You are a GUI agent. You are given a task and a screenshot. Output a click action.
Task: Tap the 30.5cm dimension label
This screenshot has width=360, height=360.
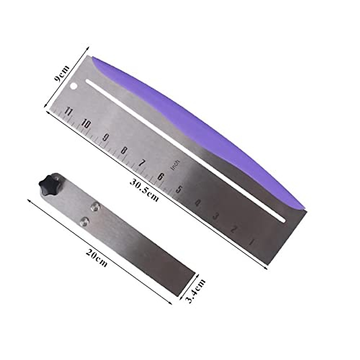(144, 190)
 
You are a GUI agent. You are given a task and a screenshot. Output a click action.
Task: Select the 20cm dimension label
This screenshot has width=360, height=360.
(96, 258)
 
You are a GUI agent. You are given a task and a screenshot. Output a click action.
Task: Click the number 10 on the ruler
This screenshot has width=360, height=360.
(86, 124)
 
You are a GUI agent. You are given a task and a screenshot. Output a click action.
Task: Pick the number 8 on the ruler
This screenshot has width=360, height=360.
(123, 150)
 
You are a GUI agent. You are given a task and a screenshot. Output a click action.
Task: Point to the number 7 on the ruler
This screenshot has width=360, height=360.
(142, 163)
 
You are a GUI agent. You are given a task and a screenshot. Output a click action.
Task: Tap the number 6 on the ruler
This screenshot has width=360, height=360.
(160, 176)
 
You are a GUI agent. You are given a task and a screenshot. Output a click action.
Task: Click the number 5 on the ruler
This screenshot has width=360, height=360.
(179, 189)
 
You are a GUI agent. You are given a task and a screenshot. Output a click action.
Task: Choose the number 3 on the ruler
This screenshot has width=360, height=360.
(215, 215)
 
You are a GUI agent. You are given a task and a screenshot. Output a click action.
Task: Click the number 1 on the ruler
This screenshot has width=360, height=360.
(251, 242)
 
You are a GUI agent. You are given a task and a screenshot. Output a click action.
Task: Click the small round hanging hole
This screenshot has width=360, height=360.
(73, 86)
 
